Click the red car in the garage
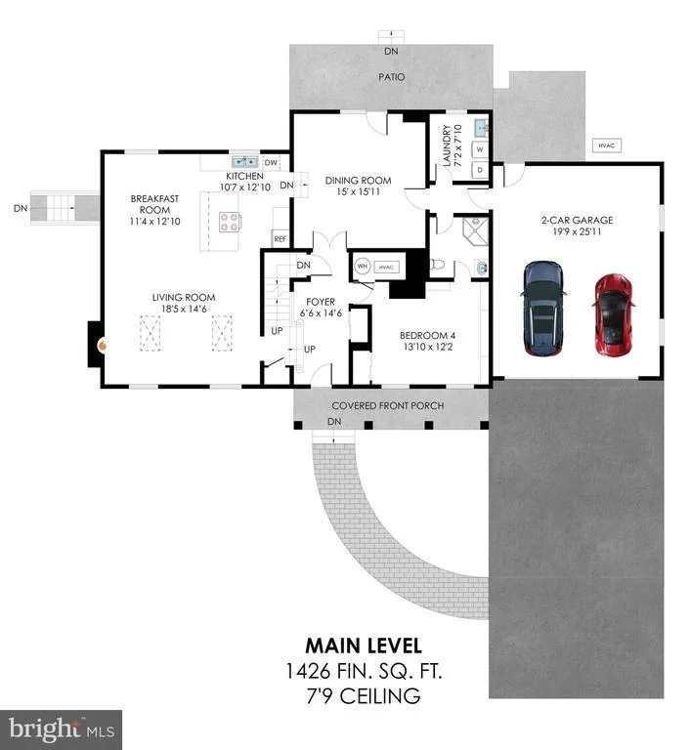coord(614,314)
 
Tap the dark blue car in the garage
coord(543,308)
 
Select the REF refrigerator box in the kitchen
coord(280,238)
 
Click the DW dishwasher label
coord(271,163)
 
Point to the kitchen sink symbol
coord(244,162)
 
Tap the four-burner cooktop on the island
coord(229,222)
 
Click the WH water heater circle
coord(363,266)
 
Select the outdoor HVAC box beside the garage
coord(606,146)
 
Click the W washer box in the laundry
coord(480,149)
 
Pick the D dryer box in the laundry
coord(480,170)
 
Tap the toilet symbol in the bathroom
coord(437,264)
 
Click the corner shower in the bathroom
coord(475,231)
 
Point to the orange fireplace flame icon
coord(102,345)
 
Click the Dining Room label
coord(358,181)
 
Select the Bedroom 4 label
coord(427,335)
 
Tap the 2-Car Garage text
coord(577,220)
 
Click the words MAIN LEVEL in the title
coord(364,646)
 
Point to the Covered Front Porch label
coord(387,405)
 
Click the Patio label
coord(391,77)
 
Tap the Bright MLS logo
coord(62,729)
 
